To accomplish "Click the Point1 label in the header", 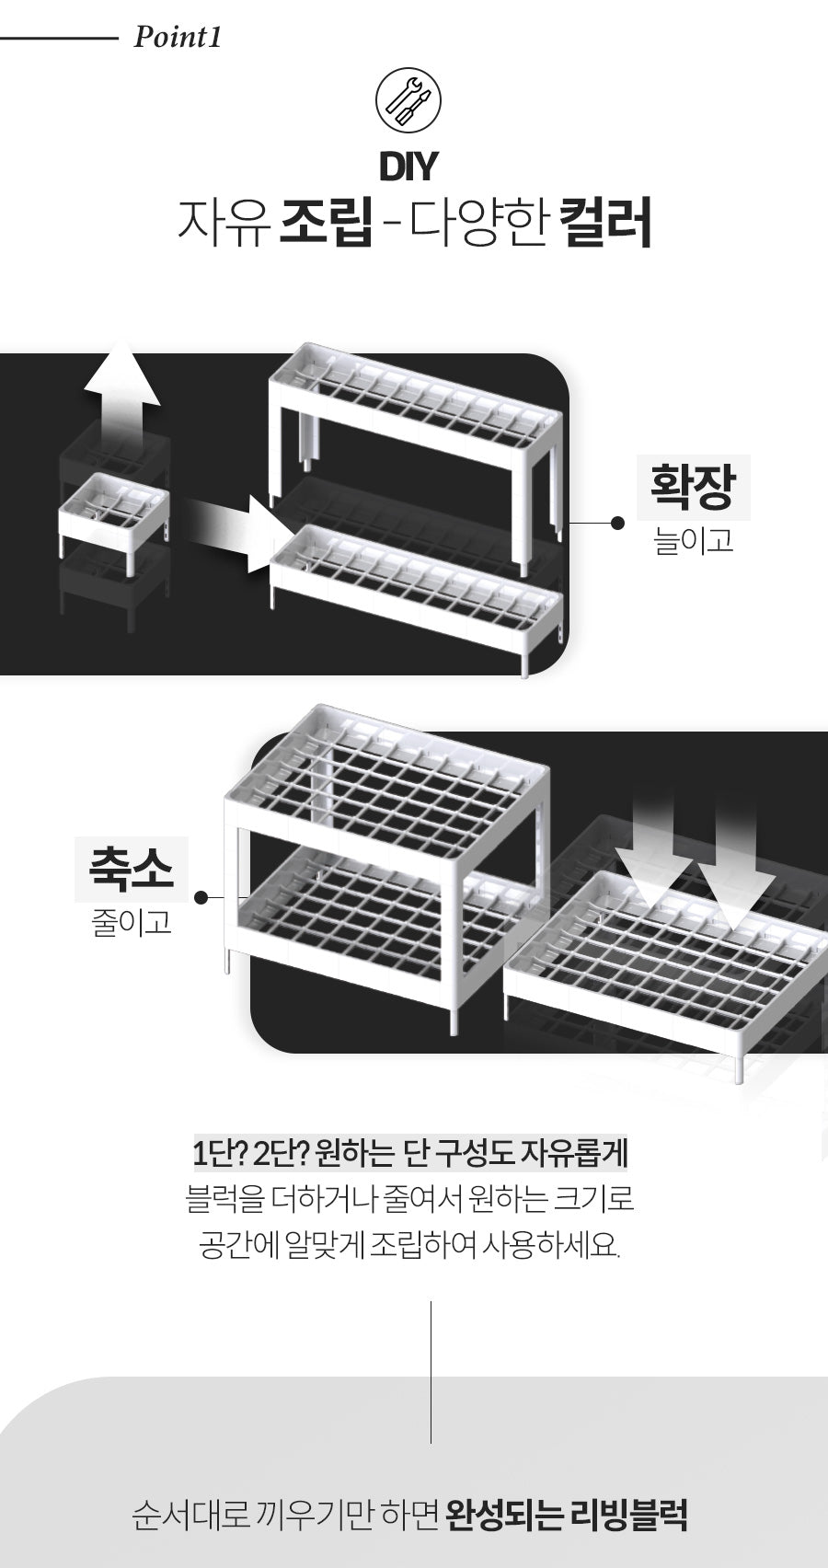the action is point(177,37).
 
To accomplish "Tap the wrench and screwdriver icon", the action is point(408,102).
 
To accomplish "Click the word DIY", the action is point(408,167).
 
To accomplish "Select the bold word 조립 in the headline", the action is point(326,223).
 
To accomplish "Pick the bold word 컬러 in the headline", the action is point(606,223).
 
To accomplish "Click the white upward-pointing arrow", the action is point(121,392).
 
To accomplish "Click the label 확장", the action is point(692,487).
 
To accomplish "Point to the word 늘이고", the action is point(693,541).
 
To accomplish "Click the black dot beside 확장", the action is point(617,523).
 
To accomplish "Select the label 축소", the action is point(131,868).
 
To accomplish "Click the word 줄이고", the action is point(132,923).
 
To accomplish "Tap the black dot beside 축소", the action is point(201,897).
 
